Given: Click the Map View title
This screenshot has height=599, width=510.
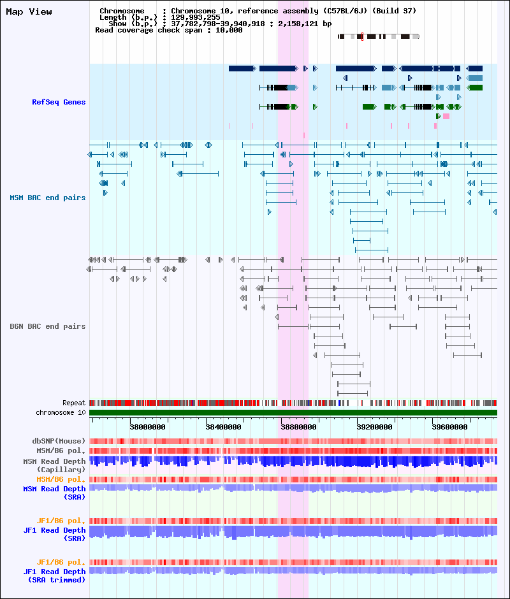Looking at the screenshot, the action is coord(29,12).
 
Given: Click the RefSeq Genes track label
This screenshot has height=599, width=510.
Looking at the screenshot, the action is coord(59,102).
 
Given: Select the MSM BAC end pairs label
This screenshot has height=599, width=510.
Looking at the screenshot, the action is coord(47,198).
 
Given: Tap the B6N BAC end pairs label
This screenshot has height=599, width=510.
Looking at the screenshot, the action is coord(47,326).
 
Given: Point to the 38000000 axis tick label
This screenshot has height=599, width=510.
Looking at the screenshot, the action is coord(147,427).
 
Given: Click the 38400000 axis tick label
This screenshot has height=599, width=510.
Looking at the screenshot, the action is coord(223,427).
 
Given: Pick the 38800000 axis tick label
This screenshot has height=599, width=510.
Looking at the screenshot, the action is coord(298,427).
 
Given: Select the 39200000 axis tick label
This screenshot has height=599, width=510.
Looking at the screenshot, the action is coord(374,427).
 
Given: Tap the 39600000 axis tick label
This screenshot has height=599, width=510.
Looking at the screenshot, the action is coord(449,427).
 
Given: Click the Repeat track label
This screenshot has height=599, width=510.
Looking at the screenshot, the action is coord(74,403).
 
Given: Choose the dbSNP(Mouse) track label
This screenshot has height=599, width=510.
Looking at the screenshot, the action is coord(59,441).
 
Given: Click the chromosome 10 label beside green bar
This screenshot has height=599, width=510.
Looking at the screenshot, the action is coord(61,412).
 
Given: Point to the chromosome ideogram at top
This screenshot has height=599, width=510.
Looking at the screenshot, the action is coord(379,36).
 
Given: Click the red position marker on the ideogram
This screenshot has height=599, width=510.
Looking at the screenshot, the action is coord(362,36).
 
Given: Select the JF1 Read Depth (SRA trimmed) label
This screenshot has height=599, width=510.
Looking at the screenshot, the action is coord(54,575).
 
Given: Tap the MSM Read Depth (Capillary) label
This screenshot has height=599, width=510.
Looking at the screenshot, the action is coord(54,465).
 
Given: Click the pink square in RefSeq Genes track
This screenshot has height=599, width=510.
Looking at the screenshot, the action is coord(446,116).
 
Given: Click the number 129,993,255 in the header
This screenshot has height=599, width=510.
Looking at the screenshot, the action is coord(195,17).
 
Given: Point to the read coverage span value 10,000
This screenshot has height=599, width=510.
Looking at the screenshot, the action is coord(229,30).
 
